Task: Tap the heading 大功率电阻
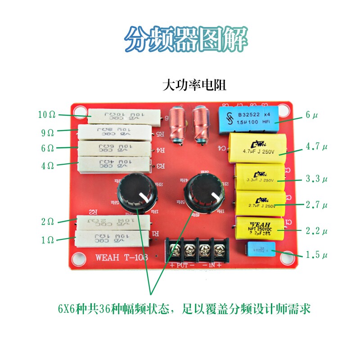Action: pos(194,85)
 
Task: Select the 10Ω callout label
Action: pos(47,115)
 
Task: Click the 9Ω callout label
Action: pos(47,132)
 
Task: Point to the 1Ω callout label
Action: pos(47,240)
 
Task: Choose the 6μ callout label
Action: pos(311,115)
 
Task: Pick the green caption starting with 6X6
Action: pos(184,310)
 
